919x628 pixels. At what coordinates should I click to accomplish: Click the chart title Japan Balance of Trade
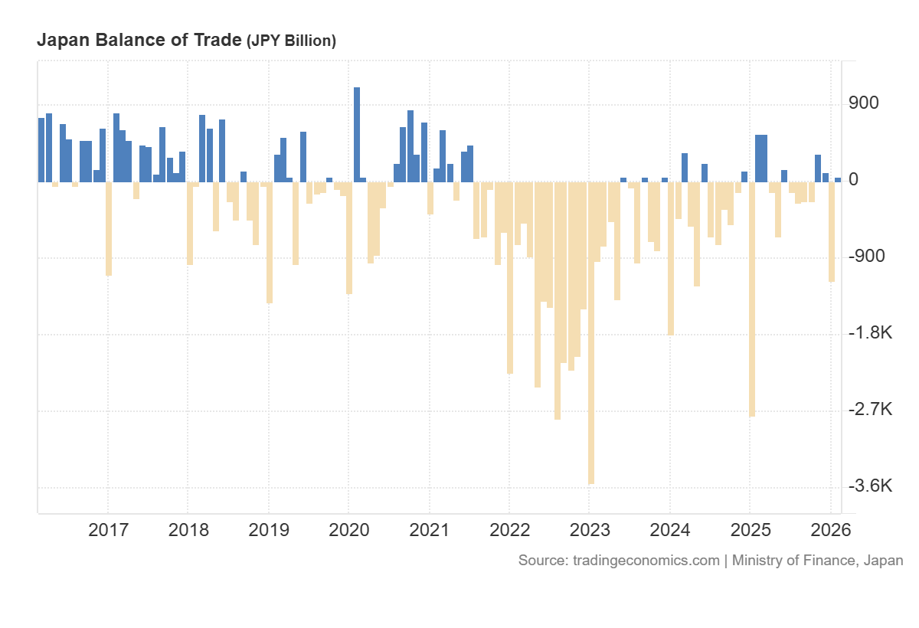tap(139, 40)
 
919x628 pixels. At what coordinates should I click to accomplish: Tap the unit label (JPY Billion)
tap(291, 41)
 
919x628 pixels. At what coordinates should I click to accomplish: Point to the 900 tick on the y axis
tap(864, 103)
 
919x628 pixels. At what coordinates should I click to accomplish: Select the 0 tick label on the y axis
tap(854, 180)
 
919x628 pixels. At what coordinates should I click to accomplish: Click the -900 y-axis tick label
tap(866, 256)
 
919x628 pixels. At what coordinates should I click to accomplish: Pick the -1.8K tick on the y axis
tap(870, 333)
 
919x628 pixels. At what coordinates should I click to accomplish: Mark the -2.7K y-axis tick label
tap(870, 410)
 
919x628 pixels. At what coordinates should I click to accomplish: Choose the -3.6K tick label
tap(870, 486)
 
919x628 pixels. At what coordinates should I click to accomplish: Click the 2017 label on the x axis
tap(109, 530)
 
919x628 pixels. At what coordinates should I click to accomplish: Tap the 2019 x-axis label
tap(269, 530)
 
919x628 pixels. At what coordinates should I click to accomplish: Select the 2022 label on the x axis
tap(509, 530)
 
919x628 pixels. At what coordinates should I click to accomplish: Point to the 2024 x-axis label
tap(669, 530)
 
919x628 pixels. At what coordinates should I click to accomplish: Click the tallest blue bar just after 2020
tap(357, 134)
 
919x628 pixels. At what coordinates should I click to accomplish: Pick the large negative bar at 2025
tap(752, 306)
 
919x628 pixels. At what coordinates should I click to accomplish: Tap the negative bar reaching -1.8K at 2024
tap(671, 260)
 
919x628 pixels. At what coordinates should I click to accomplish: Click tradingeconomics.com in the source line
tap(646, 560)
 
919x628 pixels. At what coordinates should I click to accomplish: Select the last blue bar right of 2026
tap(838, 179)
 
